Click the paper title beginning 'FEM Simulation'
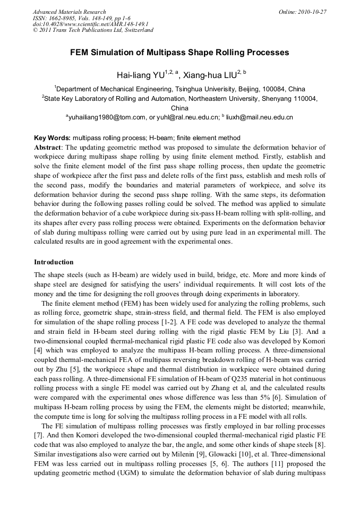click(179, 53)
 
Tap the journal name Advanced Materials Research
click(69, 12)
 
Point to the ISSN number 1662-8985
click(63, 18)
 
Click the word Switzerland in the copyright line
click(136, 30)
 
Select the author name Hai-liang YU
click(140, 75)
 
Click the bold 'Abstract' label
click(48, 147)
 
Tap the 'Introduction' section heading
click(54, 262)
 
